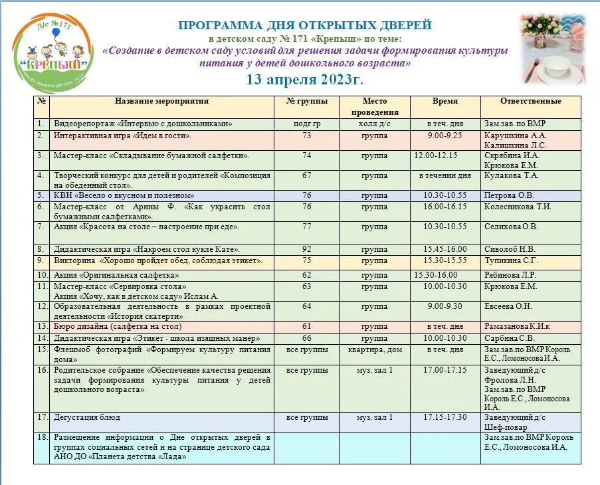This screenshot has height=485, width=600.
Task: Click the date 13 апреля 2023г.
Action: point(305,79)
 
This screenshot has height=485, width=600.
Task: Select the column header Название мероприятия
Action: point(161,102)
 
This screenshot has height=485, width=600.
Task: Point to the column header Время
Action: point(445,102)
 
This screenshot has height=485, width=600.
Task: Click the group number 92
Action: point(306,249)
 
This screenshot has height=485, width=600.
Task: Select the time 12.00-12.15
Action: point(435,155)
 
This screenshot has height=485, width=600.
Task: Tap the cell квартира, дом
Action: point(374,349)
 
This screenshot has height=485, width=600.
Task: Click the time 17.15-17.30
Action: point(445,417)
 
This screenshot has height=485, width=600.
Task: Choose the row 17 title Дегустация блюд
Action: point(87,417)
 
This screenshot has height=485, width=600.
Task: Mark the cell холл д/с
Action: point(374,124)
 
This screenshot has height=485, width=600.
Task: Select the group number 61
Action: point(306,327)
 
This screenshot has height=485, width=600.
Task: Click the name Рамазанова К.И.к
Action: point(517,327)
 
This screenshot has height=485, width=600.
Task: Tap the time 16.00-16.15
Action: point(445,207)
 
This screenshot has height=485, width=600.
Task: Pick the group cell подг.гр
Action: point(306,124)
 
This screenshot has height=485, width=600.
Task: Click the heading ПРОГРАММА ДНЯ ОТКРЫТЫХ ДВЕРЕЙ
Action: point(305,26)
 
